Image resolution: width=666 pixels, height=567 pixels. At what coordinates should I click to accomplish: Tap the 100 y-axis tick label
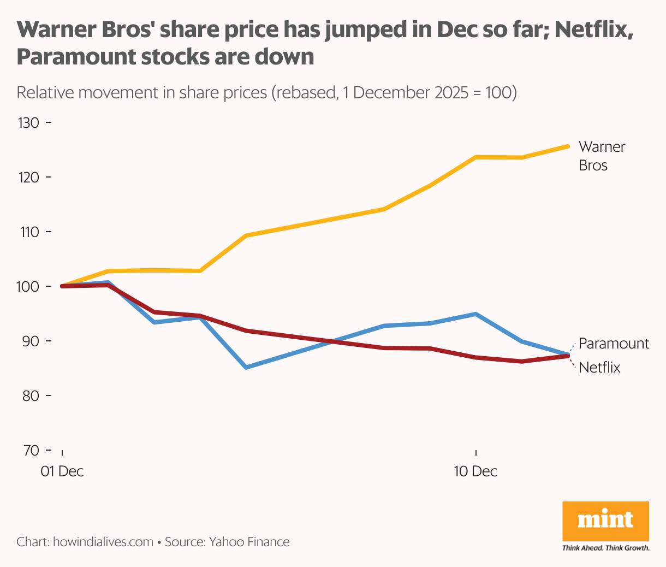click(28, 286)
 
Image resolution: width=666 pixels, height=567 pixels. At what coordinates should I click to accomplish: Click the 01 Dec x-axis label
click(62, 471)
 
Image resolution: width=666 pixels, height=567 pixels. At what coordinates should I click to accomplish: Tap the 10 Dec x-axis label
click(475, 471)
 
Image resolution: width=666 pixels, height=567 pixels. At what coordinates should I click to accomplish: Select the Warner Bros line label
click(602, 156)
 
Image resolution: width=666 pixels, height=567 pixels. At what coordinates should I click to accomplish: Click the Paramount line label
click(614, 344)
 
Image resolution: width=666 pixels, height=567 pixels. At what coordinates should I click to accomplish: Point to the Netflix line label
click(599, 368)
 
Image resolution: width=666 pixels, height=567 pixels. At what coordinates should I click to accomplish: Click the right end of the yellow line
click(568, 146)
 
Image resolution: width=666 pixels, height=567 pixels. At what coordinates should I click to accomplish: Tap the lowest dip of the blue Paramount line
click(246, 367)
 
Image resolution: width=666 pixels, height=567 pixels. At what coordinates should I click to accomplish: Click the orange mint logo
click(605, 521)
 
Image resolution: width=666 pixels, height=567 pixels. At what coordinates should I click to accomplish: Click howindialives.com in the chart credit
click(103, 542)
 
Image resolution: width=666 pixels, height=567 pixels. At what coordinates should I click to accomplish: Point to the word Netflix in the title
click(590, 31)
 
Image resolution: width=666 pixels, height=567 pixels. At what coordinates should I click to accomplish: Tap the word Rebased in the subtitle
click(305, 92)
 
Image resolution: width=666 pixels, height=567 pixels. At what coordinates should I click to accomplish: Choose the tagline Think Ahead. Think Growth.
click(605, 548)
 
